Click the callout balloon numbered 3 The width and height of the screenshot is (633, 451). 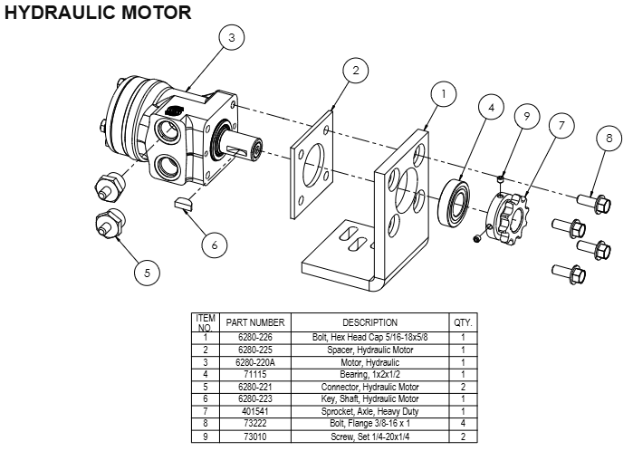pos(232,38)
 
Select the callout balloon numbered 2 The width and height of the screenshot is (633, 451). pos(356,70)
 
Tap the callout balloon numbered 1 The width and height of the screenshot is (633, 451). pos(443,92)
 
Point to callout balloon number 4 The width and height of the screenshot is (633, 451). pos(490,107)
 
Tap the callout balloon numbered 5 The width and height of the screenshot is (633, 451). pos(148,270)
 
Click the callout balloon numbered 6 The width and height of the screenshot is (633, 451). pos(214,244)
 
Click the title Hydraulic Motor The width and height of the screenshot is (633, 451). pos(98,13)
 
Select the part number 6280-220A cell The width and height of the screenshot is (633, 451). pos(255,361)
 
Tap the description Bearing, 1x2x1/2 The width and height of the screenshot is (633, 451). pos(369,373)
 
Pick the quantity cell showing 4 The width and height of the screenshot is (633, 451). pos(463,423)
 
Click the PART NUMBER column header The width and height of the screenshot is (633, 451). pos(255,322)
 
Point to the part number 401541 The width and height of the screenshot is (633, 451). pos(255,410)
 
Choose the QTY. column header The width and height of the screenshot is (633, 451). pos(463,322)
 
